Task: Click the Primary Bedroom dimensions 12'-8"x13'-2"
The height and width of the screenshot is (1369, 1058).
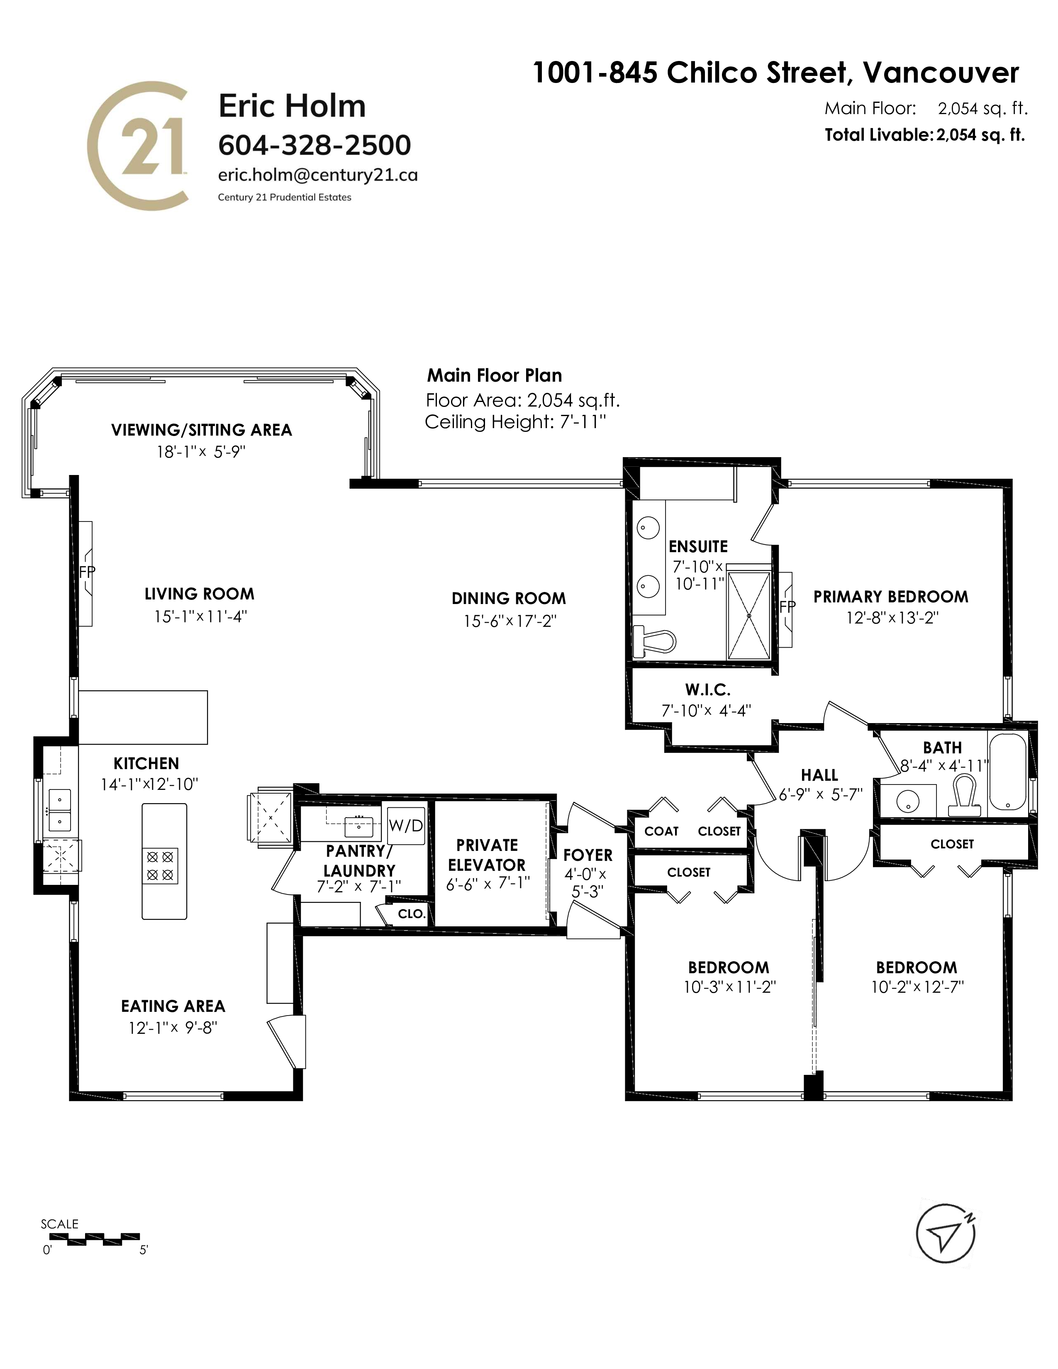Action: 892,618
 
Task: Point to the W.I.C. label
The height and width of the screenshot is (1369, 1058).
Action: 708,689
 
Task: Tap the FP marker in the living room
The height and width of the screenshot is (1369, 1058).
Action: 87,572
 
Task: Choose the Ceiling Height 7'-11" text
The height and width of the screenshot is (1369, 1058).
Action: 516,422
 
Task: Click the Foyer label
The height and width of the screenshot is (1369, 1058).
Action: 588,855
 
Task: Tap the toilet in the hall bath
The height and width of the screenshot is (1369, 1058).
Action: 965,795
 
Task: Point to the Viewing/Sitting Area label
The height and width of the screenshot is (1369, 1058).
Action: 202,430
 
